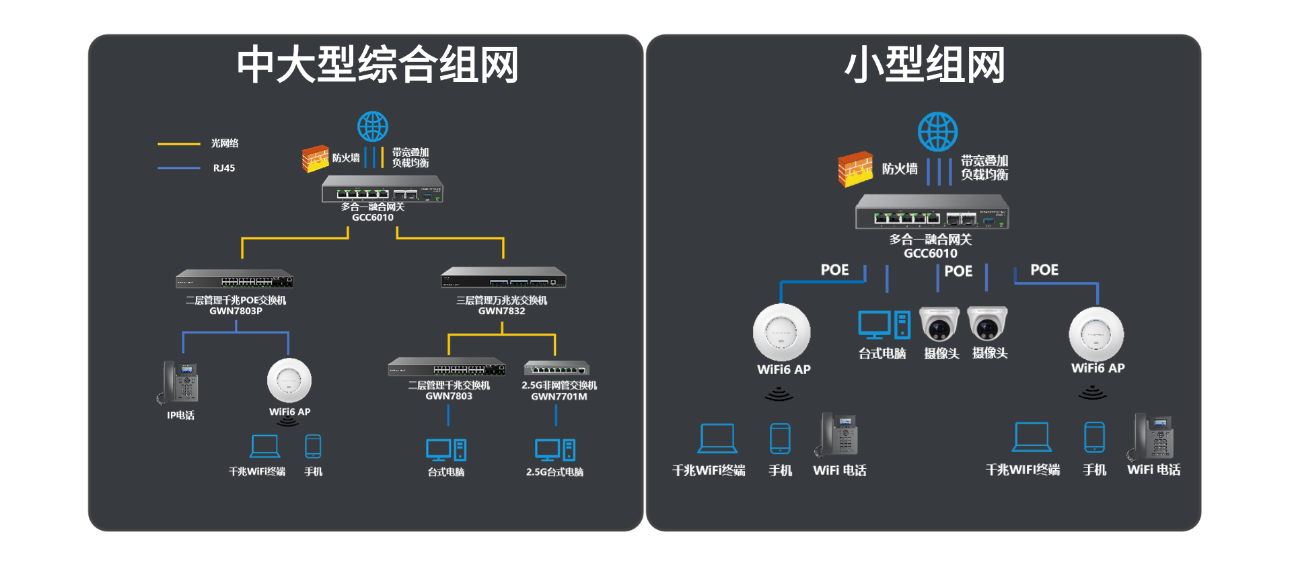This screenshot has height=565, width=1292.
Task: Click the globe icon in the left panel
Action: [x=372, y=126]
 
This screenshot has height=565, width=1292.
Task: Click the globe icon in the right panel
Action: [x=937, y=132]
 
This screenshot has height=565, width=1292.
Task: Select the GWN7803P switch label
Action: [x=236, y=311]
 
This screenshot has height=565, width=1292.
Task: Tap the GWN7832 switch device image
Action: [x=503, y=278]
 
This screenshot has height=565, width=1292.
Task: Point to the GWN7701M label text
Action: [x=559, y=396]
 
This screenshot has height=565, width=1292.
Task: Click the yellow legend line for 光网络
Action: [x=179, y=144]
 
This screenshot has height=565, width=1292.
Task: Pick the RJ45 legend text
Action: [x=224, y=168]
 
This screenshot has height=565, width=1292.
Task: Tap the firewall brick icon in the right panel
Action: [x=855, y=169]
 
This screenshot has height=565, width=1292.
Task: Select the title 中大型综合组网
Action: [x=378, y=65]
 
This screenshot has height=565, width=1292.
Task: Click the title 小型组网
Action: [x=925, y=65]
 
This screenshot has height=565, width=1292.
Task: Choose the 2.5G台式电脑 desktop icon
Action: [x=555, y=450]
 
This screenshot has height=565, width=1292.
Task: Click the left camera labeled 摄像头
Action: [x=939, y=324]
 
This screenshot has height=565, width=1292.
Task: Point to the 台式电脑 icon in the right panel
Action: [x=884, y=324]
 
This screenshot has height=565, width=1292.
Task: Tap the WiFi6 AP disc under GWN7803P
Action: [x=289, y=380]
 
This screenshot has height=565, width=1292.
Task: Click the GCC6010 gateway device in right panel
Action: [x=932, y=212]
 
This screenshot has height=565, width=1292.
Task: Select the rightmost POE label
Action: [x=1044, y=270]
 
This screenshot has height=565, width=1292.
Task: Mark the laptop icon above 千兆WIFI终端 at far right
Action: [x=1032, y=438]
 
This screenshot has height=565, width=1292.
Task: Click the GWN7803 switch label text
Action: [x=449, y=396]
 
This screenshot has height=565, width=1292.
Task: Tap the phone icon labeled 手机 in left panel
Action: [x=313, y=447]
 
